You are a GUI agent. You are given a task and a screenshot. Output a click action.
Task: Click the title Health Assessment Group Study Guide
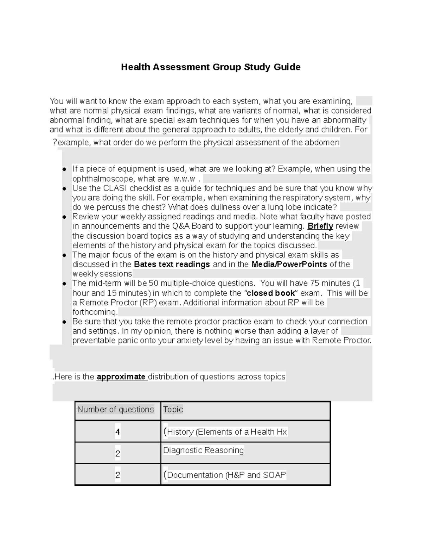(x=211, y=67)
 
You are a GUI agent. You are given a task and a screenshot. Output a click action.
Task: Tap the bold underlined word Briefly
(x=320, y=226)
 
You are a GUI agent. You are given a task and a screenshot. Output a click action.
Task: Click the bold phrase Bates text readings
(x=172, y=265)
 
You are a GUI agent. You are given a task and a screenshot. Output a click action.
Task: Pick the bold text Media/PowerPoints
(x=289, y=265)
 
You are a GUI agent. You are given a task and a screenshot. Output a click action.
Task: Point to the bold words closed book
(x=271, y=293)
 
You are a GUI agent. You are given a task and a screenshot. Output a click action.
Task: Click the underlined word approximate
(x=121, y=377)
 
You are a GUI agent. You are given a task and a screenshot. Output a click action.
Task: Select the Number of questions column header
(x=115, y=410)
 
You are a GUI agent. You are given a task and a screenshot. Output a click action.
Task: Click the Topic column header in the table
(x=173, y=410)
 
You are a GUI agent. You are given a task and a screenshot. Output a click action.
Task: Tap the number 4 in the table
(x=117, y=432)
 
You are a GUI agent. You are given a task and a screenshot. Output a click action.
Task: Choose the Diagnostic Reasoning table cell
(x=203, y=450)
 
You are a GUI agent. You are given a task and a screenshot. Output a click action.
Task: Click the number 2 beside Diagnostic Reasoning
(x=118, y=454)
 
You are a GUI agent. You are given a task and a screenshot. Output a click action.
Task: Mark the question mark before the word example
(x=55, y=142)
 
